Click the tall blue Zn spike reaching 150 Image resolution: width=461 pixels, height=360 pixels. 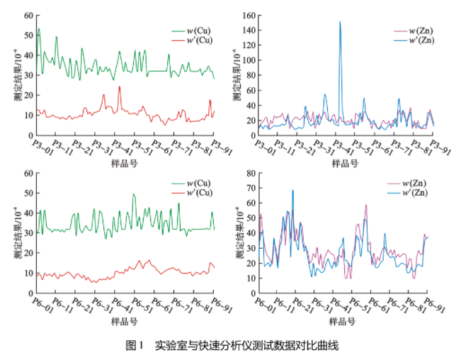click(340, 22)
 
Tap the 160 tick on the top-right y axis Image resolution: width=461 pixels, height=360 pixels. click(249, 14)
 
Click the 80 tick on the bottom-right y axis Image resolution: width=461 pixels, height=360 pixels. click(251, 173)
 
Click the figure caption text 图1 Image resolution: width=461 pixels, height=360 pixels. click(134, 346)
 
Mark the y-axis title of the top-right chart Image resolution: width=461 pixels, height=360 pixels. click(236, 74)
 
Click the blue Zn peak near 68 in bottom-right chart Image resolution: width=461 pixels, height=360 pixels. click(292, 190)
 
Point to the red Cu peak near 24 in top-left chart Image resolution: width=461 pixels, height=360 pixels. click(119, 86)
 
